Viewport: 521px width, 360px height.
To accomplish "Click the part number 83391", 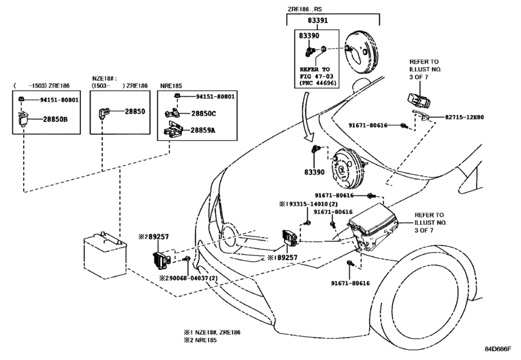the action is click(317, 21).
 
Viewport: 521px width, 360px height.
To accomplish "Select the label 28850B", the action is click(55, 119).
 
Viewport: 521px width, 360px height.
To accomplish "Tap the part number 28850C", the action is click(204, 114).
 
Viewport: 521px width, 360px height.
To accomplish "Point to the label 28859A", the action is click(203, 130).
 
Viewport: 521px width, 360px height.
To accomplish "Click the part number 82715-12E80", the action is click(464, 117).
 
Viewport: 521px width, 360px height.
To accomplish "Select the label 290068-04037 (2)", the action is click(188, 278).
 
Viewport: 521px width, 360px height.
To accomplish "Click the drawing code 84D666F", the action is click(497, 348).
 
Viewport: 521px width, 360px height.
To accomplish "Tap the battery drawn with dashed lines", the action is click(105, 255).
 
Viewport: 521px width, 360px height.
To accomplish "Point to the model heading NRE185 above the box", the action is click(171, 85).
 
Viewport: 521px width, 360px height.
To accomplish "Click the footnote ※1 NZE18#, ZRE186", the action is click(212, 332).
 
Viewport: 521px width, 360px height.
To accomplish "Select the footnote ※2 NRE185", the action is click(200, 340).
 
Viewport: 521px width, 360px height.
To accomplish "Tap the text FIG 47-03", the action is click(316, 76).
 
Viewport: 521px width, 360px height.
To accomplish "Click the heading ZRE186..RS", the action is click(305, 9).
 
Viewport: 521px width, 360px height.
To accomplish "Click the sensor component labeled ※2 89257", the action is click(161, 260).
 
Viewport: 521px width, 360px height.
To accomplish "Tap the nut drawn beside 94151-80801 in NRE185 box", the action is click(177, 96).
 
